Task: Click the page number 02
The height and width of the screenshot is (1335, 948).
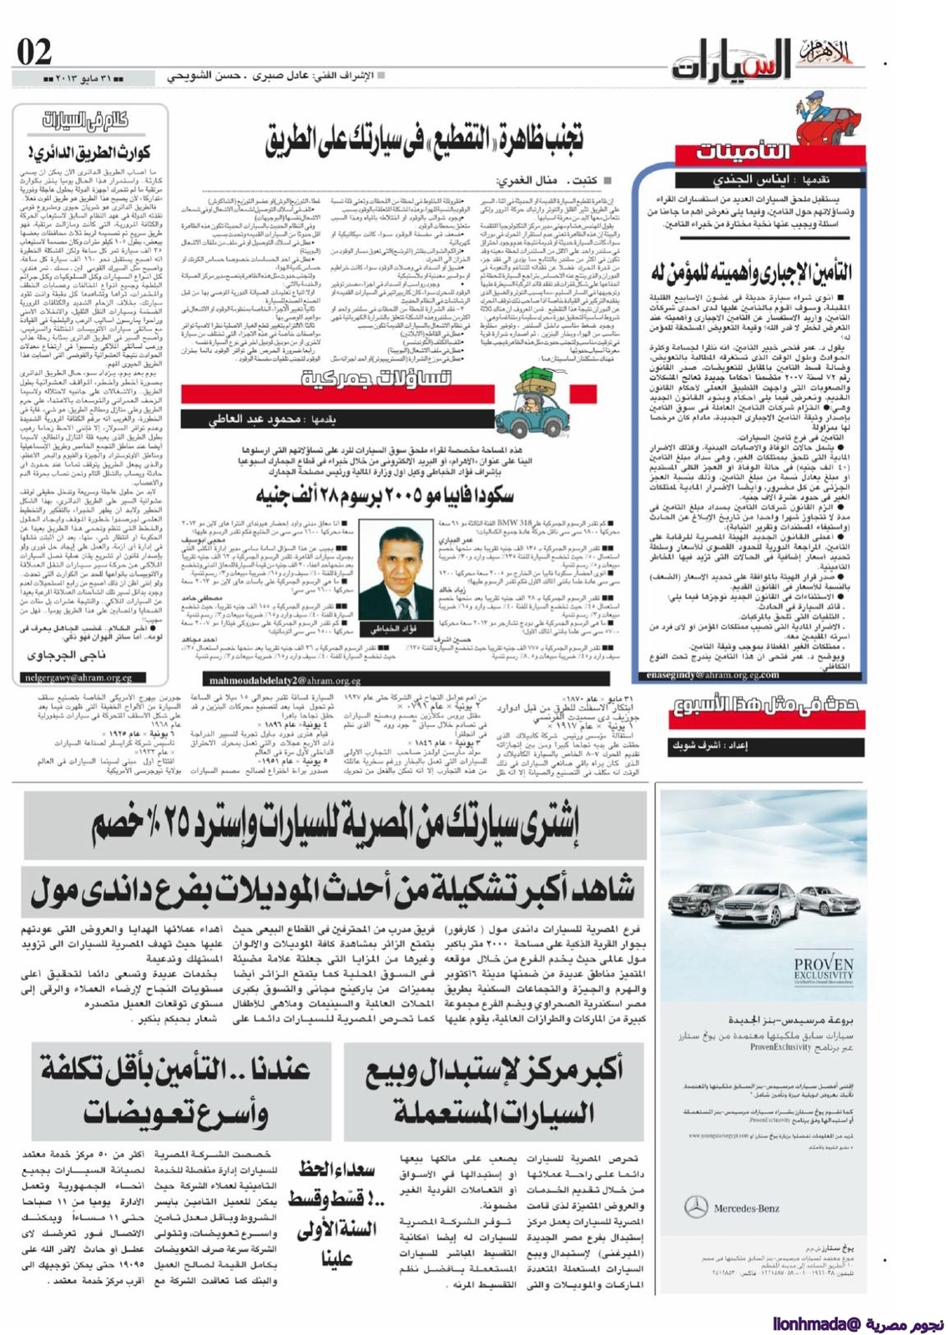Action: pos(34,53)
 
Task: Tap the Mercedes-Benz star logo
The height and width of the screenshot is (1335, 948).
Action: pos(696,1206)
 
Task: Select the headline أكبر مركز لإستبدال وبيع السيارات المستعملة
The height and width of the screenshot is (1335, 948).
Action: pos(493,1091)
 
